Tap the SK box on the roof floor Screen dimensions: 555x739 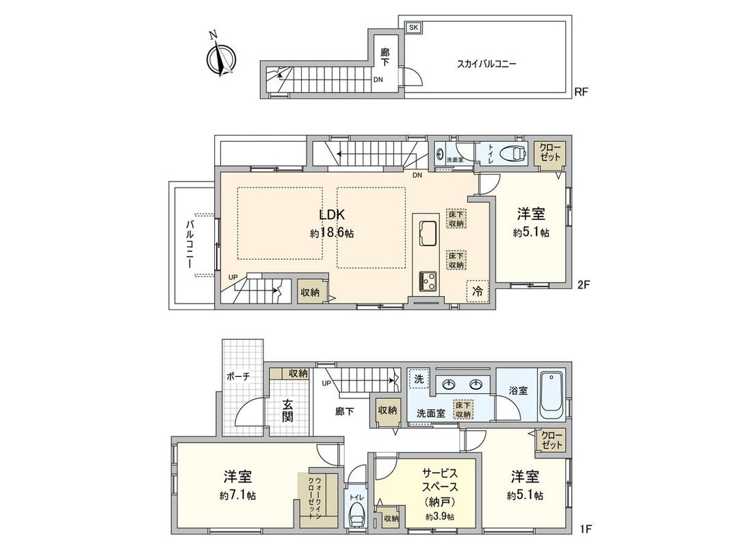(413, 27)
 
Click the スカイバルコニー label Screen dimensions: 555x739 (487, 64)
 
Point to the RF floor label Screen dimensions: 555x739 (582, 91)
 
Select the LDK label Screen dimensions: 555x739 (331, 215)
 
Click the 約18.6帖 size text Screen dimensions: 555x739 (331, 233)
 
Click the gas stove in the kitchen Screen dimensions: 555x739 (429, 280)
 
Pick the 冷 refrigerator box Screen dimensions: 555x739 (477, 291)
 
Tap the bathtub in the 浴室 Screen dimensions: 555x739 (550, 395)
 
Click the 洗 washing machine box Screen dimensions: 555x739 (417, 378)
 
